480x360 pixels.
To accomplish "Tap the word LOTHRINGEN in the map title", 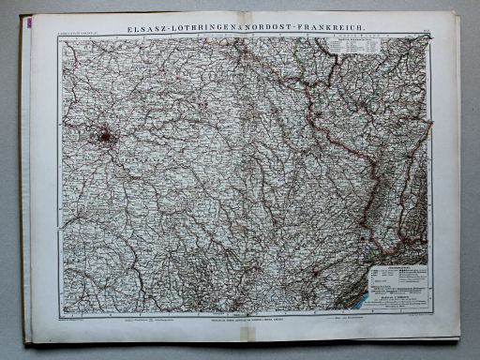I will pos(206,19).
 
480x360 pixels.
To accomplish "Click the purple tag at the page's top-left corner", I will pos(27,18).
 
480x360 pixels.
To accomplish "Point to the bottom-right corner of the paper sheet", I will pos(459,337).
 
